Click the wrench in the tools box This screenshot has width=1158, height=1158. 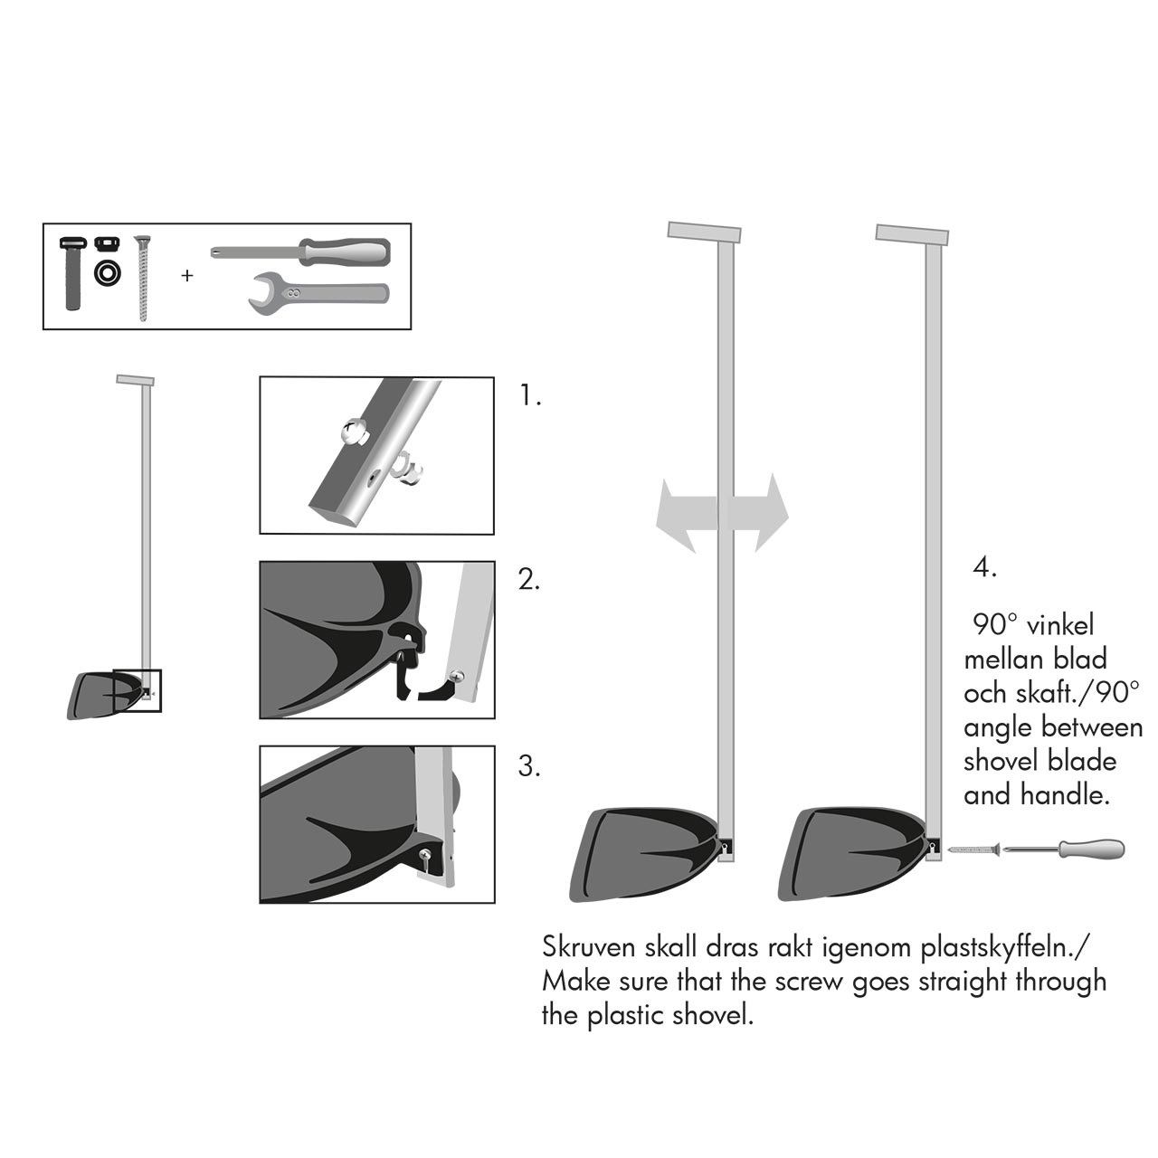(318, 294)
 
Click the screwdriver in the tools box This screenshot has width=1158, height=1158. (300, 252)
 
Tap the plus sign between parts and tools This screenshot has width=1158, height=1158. (187, 276)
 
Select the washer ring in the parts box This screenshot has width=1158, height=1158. (108, 273)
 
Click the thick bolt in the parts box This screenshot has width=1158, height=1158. (74, 273)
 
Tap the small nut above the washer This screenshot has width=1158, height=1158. (107, 243)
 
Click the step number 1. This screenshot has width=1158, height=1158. (530, 396)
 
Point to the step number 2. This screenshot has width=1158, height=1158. (529, 580)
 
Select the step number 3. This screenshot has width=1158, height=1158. (529, 766)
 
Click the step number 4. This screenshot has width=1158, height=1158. (984, 567)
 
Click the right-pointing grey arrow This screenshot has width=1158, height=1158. (758, 513)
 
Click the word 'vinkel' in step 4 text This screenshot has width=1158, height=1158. (1060, 625)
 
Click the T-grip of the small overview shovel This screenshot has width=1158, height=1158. (135, 380)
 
